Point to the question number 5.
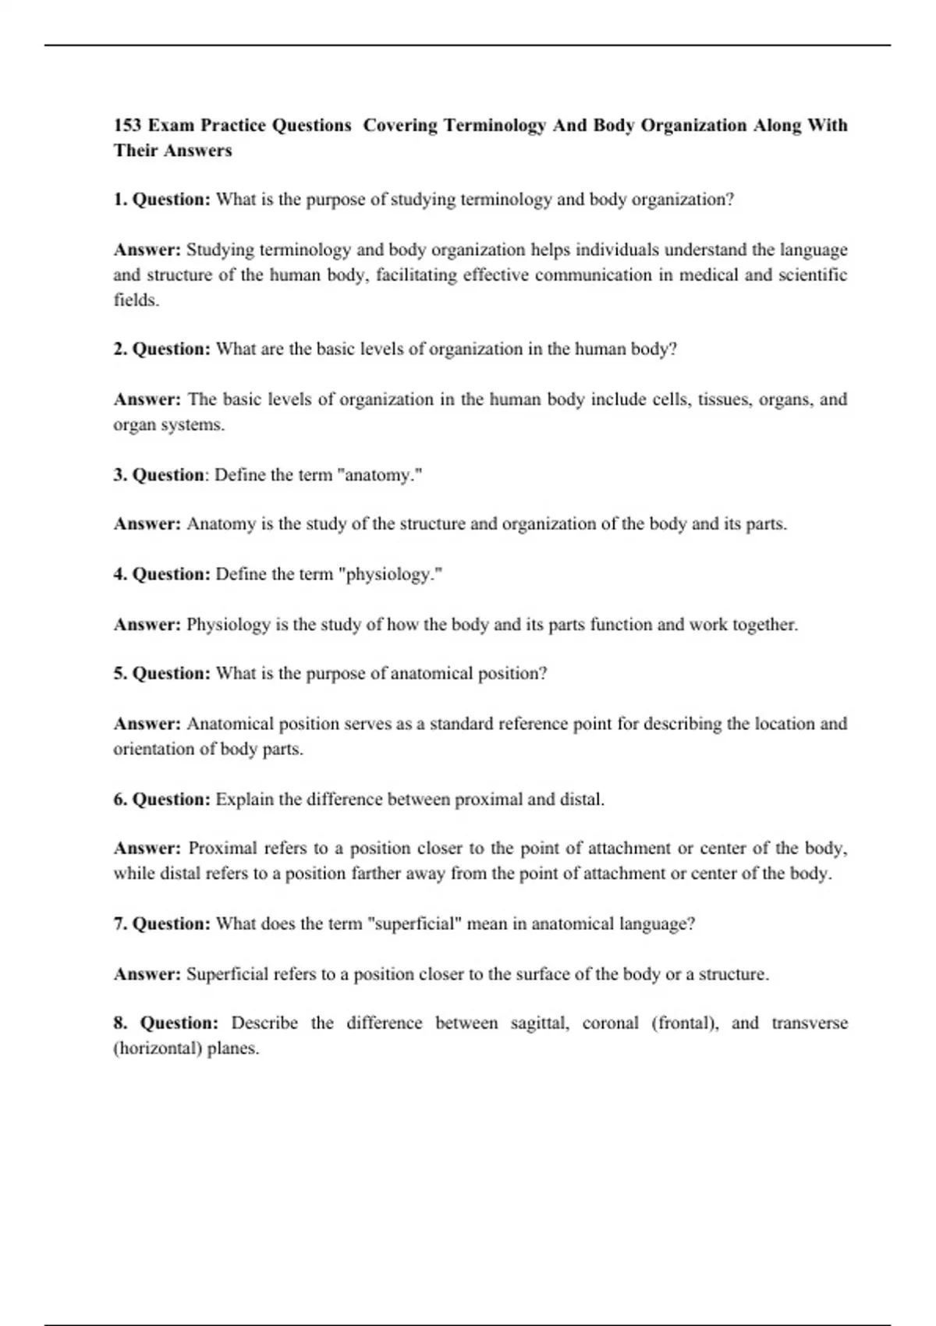[119, 674]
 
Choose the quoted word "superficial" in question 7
[417, 924]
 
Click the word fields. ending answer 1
[136, 300]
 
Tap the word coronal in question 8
[610, 1023]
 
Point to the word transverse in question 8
[809, 1023]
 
